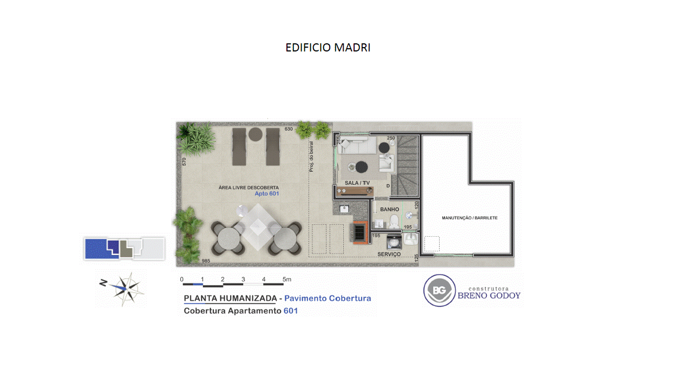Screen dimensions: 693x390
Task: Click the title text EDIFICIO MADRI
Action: click(x=328, y=48)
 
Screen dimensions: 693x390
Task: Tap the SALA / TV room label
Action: click(x=357, y=183)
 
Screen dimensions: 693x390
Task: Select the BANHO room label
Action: click(x=389, y=210)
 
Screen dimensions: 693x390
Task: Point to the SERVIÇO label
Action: click(x=389, y=254)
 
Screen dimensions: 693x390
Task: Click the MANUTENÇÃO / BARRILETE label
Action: click(x=469, y=218)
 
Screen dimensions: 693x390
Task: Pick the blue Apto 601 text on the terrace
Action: click(x=267, y=194)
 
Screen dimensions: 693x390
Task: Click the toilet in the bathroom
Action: click(x=394, y=222)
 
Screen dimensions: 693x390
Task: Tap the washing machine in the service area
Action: click(x=394, y=242)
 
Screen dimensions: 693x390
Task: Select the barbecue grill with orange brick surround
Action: click(x=360, y=233)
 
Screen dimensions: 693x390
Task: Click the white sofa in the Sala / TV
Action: click(x=357, y=146)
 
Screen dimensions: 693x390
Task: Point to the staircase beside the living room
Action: click(x=406, y=165)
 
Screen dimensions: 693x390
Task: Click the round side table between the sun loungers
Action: click(x=255, y=135)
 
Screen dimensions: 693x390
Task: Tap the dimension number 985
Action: click(x=206, y=261)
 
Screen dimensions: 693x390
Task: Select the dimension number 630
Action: click(x=289, y=129)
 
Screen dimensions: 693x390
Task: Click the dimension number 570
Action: click(x=184, y=161)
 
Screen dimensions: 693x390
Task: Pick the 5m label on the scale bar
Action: click(x=287, y=279)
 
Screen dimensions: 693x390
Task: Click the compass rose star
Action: click(x=126, y=289)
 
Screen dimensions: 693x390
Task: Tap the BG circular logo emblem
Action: click(x=439, y=290)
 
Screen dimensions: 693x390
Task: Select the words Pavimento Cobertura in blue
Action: click(x=328, y=298)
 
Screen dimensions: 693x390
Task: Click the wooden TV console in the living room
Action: click(x=355, y=191)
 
